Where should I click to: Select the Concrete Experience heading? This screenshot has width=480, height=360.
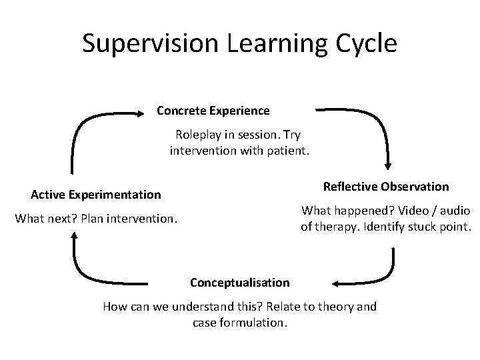tap(213, 110)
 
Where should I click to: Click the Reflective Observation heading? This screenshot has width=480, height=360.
tap(386, 186)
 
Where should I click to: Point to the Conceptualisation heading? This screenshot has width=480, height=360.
tap(240, 282)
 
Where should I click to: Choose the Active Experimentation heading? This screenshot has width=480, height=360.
tap(96, 195)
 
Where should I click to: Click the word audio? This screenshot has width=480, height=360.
tap(455, 211)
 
